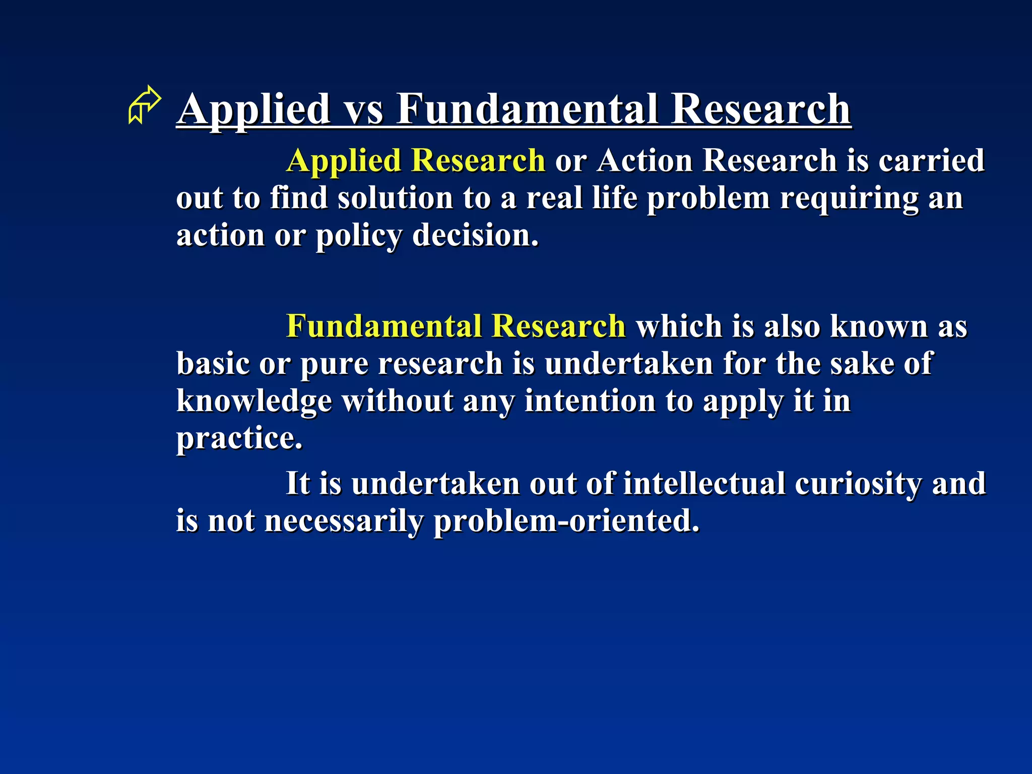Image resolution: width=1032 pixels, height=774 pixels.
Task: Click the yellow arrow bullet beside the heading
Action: (x=145, y=105)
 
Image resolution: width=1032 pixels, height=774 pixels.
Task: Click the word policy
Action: (x=359, y=236)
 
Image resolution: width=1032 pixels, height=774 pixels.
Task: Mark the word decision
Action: (x=475, y=235)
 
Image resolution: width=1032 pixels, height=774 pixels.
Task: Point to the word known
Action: (x=879, y=327)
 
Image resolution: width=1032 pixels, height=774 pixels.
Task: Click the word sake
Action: (x=861, y=364)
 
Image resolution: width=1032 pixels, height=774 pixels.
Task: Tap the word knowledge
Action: (x=254, y=402)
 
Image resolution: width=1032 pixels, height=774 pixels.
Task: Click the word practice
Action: (x=239, y=438)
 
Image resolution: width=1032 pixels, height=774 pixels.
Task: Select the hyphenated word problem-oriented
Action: (x=566, y=521)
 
